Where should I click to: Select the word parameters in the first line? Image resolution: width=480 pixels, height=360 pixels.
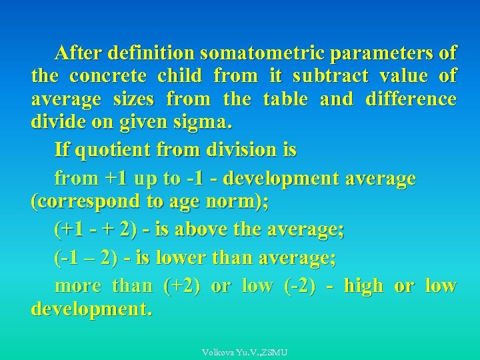(379, 53)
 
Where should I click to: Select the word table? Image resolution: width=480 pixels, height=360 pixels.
(285, 100)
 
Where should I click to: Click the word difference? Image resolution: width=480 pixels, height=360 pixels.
(411, 100)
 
